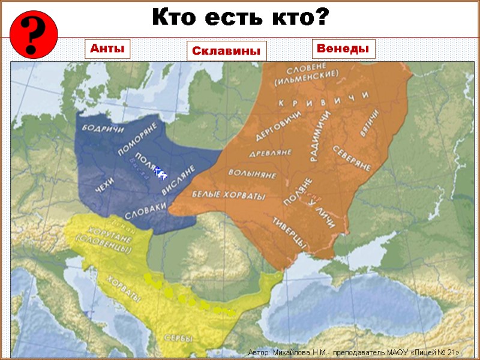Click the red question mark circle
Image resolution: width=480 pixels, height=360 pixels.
[x=33, y=34]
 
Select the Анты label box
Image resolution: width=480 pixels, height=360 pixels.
[x=109, y=49]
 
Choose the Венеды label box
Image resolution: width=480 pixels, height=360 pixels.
[x=343, y=49]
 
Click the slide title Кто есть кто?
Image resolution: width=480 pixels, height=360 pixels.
[x=240, y=17]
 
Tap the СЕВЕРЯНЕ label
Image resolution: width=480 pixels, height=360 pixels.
[x=352, y=157]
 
